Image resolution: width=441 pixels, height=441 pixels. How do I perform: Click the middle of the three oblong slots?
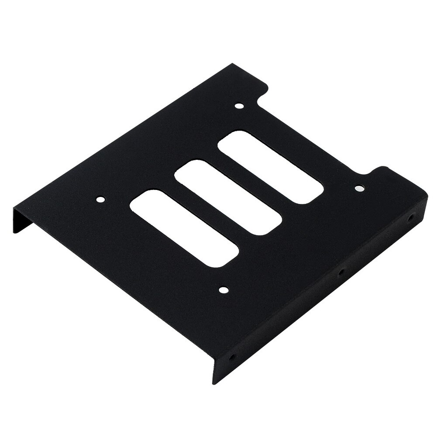tap(228, 197)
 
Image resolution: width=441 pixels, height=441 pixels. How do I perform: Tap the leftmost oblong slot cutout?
tap(185, 227)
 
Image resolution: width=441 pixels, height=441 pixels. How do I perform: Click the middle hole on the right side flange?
tap(340, 272)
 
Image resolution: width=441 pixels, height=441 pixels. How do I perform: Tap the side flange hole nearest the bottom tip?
tap(231, 357)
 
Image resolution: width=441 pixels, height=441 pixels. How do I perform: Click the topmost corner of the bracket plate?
tap(232, 65)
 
